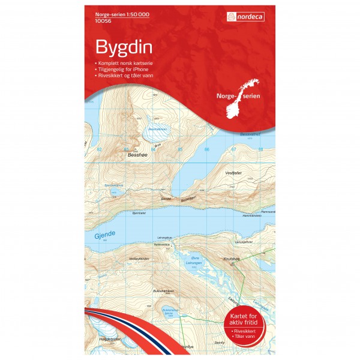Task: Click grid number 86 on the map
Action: coord(206,149)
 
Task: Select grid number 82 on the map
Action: coord(100,149)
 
